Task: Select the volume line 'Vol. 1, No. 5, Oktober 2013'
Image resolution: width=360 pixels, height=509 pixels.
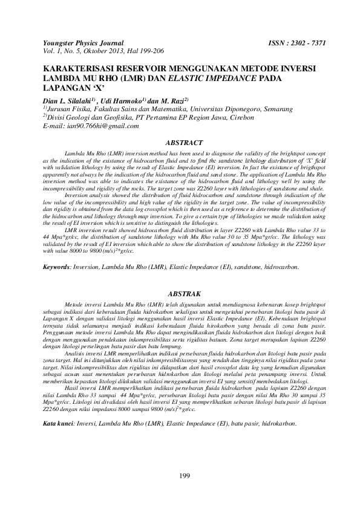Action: [87, 51]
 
